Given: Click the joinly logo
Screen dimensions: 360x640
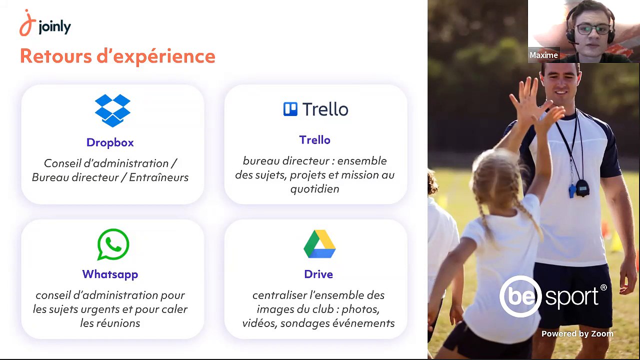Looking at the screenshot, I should pyautogui.click(x=45, y=23).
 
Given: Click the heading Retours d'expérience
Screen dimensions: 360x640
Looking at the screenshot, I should pyautogui.click(x=117, y=56).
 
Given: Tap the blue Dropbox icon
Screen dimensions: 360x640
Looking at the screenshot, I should pyautogui.click(x=112, y=110).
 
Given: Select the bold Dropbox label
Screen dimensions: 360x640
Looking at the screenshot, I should pyautogui.click(x=110, y=142).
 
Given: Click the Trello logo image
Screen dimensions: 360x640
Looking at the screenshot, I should pyautogui.click(x=315, y=109).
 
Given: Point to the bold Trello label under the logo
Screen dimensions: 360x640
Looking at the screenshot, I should pyautogui.click(x=314, y=140).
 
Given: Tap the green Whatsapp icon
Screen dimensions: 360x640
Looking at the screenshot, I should pyautogui.click(x=113, y=244).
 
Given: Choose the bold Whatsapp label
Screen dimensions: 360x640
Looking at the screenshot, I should pyautogui.click(x=110, y=274).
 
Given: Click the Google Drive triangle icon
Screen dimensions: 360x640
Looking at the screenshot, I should pyautogui.click(x=319, y=244).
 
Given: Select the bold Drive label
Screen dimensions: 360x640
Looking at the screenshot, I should pyautogui.click(x=318, y=274).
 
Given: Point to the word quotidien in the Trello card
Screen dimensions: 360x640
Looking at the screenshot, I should pyautogui.click(x=314, y=189).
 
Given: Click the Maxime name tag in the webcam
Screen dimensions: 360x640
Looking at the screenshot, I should pyautogui.click(x=543, y=55).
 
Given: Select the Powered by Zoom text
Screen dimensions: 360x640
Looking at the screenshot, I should pyautogui.click(x=577, y=334).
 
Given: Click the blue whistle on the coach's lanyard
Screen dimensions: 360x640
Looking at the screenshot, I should pyautogui.click(x=571, y=190).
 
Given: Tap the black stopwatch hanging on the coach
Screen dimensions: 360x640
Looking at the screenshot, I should pyautogui.click(x=582, y=187).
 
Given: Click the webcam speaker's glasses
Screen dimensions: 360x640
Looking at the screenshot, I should pyautogui.click(x=592, y=29).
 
